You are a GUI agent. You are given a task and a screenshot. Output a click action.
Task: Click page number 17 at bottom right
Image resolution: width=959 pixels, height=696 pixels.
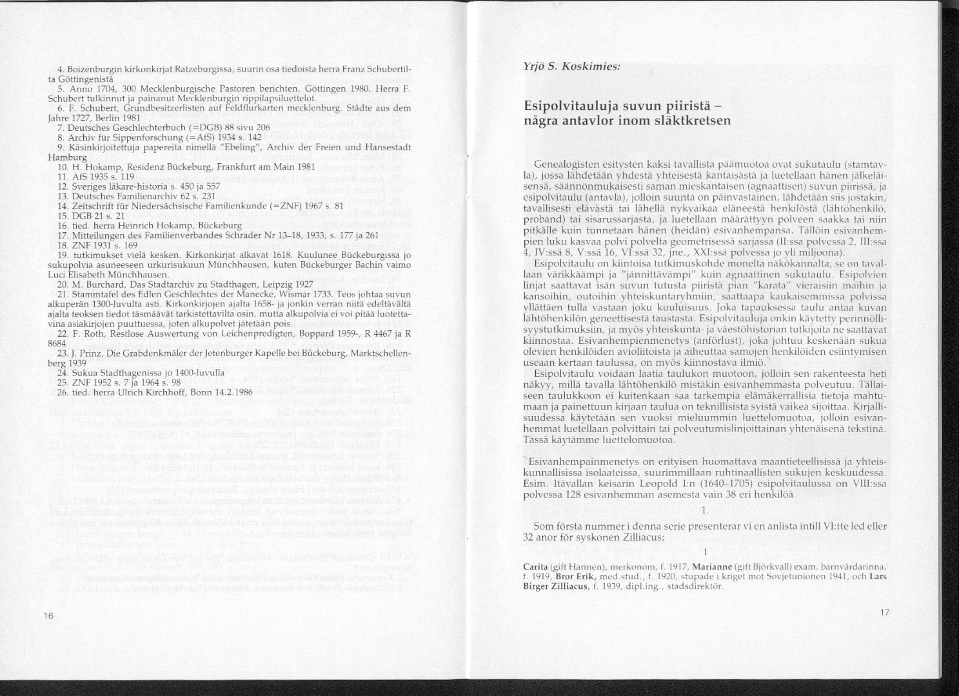click(x=884, y=613)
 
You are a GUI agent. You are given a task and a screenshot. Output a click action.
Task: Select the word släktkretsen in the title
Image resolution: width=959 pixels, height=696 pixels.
click(x=691, y=121)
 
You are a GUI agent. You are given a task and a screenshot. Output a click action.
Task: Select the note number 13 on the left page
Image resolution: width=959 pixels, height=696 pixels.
click(x=63, y=195)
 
